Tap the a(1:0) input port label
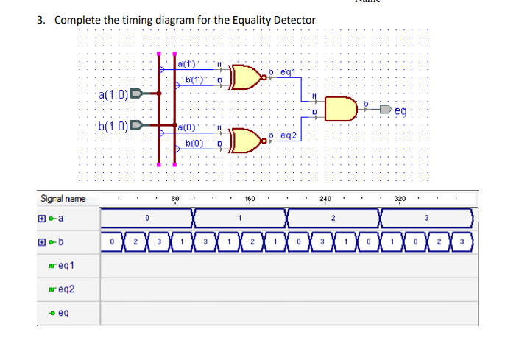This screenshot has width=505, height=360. (112, 94)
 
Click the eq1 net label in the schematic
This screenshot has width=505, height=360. (286, 71)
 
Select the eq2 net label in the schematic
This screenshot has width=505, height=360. (286, 135)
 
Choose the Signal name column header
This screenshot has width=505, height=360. (63, 199)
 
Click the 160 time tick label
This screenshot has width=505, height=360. (250, 199)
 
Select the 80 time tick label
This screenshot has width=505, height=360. (175, 199)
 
